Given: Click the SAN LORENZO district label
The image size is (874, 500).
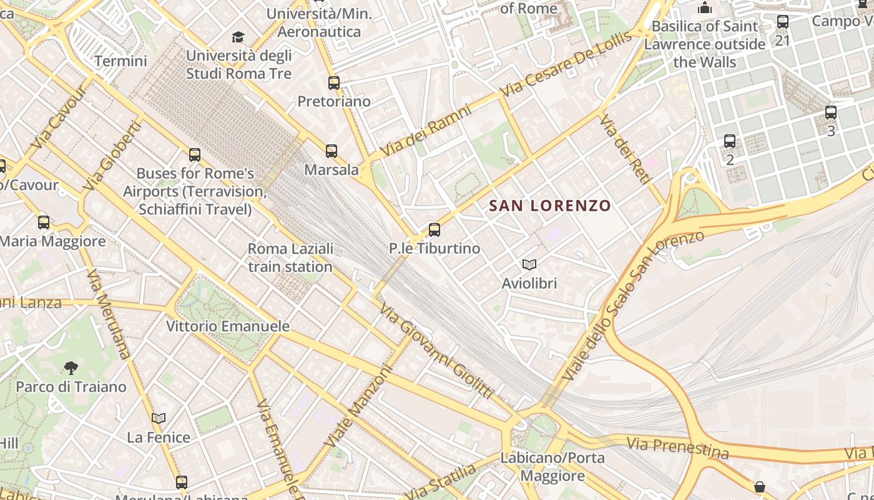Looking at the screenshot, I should pyautogui.click(x=549, y=206).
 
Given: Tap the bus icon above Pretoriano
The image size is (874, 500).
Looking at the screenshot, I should pyautogui.click(x=334, y=82).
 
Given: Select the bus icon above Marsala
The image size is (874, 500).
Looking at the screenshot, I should pyautogui.click(x=331, y=151).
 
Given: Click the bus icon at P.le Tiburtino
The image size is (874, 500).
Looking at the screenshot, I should pyautogui.click(x=435, y=229).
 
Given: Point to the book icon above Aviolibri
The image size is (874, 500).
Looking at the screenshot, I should pyautogui.click(x=529, y=264).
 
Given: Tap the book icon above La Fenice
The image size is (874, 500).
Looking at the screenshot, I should pyautogui.click(x=159, y=418).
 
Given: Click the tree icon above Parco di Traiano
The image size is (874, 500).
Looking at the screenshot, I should pyautogui.click(x=71, y=367).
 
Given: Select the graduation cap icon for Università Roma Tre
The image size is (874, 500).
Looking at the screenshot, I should pyautogui.click(x=238, y=37).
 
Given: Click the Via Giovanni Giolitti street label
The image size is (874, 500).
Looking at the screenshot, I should pyautogui.click(x=436, y=352).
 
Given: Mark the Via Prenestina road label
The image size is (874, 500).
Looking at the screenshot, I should pyautogui.click(x=677, y=447).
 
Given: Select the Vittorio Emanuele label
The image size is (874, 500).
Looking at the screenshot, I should pyautogui.click(x=228, y=326).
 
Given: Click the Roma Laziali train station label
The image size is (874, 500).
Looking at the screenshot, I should pyautogui.click(x=290, y=257).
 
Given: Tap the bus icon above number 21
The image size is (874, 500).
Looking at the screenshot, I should pyautogui.click(x=782, y=22).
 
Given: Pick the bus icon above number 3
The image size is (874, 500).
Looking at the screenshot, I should pyautogui.click(x=831, y=112).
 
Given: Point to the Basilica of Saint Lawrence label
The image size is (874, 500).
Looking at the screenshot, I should pyautogui.click(x=705, y=44).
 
